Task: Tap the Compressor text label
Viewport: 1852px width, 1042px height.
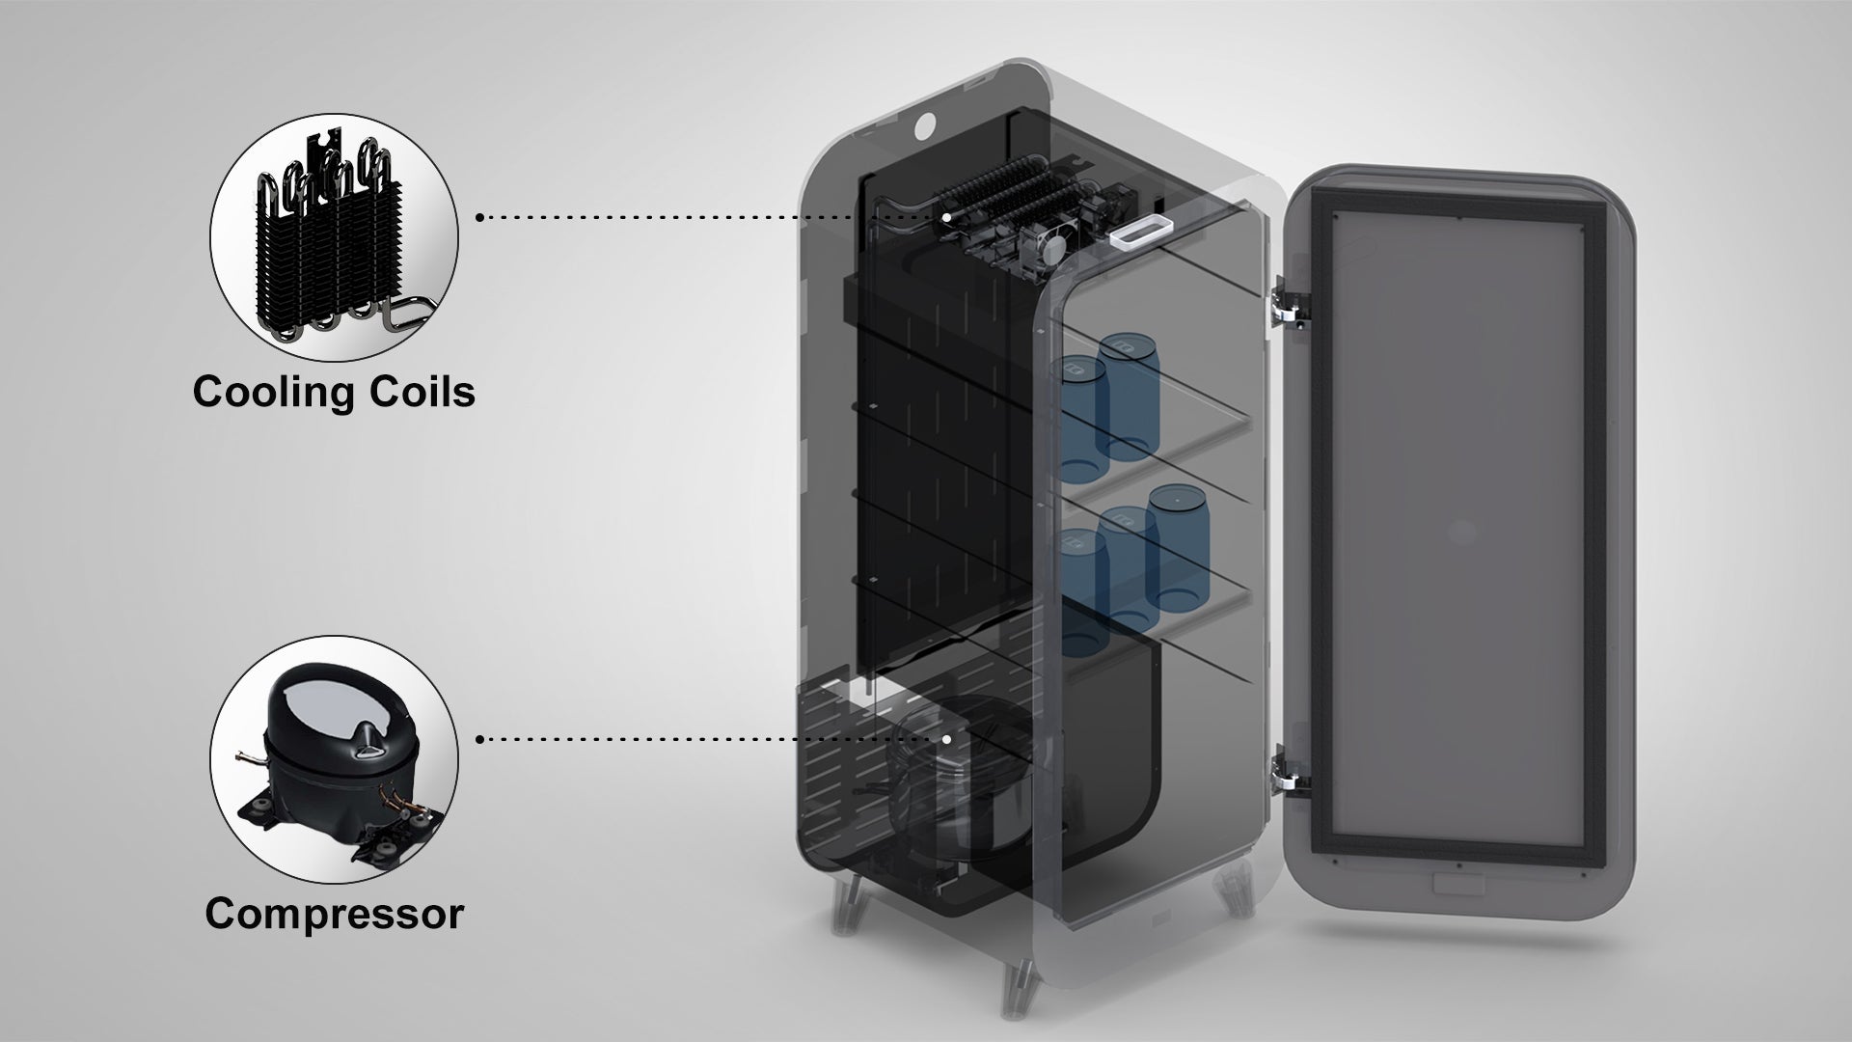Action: [x=334, y=913]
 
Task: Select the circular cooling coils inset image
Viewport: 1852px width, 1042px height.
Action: [x=334, y=238]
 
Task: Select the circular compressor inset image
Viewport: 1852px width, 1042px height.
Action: [x=334, y=759]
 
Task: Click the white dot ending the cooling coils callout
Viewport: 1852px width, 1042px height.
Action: [x=947, y=218]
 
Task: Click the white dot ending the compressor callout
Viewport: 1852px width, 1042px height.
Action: [x=947, y=739]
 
